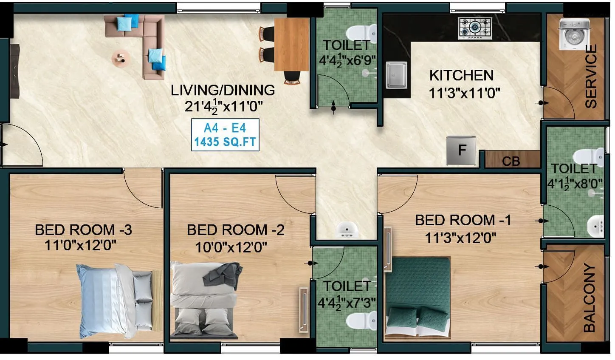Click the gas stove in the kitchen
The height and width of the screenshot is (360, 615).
(475, 28)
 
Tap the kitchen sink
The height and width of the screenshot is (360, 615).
(396, 75)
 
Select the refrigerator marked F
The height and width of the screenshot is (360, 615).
(461, 150)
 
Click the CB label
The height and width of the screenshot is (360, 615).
(511, 162)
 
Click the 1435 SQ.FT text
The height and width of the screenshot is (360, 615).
(225, 142)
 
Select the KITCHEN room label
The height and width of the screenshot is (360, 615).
(461, 75)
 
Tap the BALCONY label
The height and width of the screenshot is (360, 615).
(590, 297)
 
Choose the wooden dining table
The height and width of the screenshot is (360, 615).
(291, 44)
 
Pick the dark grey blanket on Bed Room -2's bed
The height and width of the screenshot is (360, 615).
(222, 275)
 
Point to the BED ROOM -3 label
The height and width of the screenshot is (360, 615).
(83, 230)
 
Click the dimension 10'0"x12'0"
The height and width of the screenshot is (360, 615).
(231, 247)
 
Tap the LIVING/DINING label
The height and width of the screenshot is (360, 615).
(223, 90)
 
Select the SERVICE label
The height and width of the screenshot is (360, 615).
(591, 76)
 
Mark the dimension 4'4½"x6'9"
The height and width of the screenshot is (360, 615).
(347, 60)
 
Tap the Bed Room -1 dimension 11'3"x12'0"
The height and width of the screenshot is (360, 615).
(461, 238)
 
